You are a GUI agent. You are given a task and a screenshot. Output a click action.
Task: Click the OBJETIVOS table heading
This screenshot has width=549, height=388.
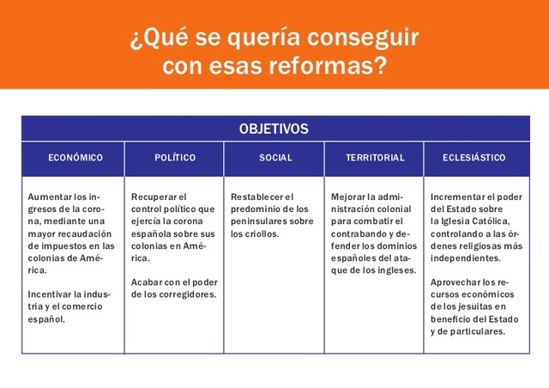[274, 129]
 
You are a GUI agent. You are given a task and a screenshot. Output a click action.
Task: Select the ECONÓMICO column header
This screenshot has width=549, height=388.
[75, 158]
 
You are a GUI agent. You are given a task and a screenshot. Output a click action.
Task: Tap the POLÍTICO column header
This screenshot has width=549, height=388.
[175, 158]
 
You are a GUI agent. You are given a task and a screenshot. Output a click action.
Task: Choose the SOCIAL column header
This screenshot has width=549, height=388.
[275, 158]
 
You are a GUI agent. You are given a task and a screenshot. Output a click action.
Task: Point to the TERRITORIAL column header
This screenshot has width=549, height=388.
[375, 158]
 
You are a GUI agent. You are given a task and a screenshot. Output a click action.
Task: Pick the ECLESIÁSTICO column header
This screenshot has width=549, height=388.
[474, 158]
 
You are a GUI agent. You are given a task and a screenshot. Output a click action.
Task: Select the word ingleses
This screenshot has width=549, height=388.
[396, 270]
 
